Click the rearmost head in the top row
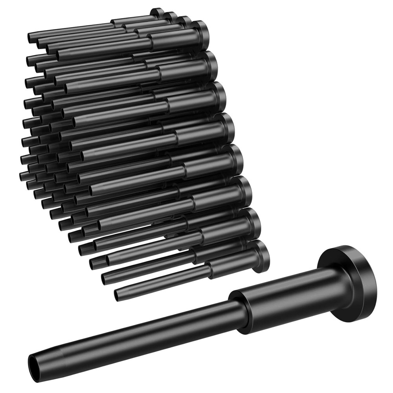(x=157, y=13)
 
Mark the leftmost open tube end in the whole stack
(x=22, y=175)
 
